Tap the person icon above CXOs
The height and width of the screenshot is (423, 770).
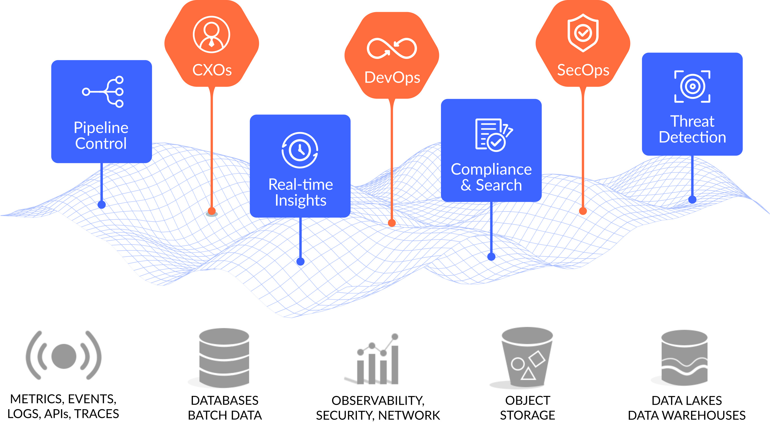coord(211,35)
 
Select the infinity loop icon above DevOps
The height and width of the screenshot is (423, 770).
coord(392,49)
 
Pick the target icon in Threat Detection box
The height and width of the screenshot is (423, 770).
coord(692,86)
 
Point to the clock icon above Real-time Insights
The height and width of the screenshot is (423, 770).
coord(300,150)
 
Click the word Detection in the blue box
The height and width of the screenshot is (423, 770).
coord(692,137)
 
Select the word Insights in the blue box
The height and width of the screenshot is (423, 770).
coord(300,200)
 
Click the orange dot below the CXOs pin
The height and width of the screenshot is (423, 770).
coord(212,211)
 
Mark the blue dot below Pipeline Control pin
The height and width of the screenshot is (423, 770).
coord(102,205)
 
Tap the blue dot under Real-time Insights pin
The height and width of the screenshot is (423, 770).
coord(300,262)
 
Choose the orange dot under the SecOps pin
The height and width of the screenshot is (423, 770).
coord(583,211)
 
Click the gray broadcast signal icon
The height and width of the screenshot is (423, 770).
coord(64,356)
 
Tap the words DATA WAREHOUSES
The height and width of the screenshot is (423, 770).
coord(687,415)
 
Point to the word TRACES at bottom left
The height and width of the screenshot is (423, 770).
coord(96,414)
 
